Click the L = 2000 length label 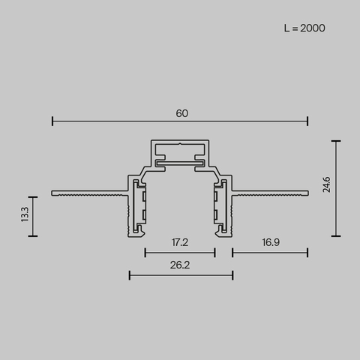pos(304,28)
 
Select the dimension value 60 pos(181,113)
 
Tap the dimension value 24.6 pos(327,185)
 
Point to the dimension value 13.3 pos(25,214)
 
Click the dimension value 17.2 pos(179,243)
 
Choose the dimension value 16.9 pos(271,243)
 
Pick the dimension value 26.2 pos(179,265)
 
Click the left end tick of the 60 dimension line pos(52,121)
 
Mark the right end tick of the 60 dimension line pos(307,121)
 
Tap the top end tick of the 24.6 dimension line pos(336,140)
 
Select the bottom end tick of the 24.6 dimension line pos(336,235)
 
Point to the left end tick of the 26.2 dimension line pos(130,275)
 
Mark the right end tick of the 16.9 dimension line pos(307,253)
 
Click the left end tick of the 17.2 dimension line pos(145,253)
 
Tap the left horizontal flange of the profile pos(86,193)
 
